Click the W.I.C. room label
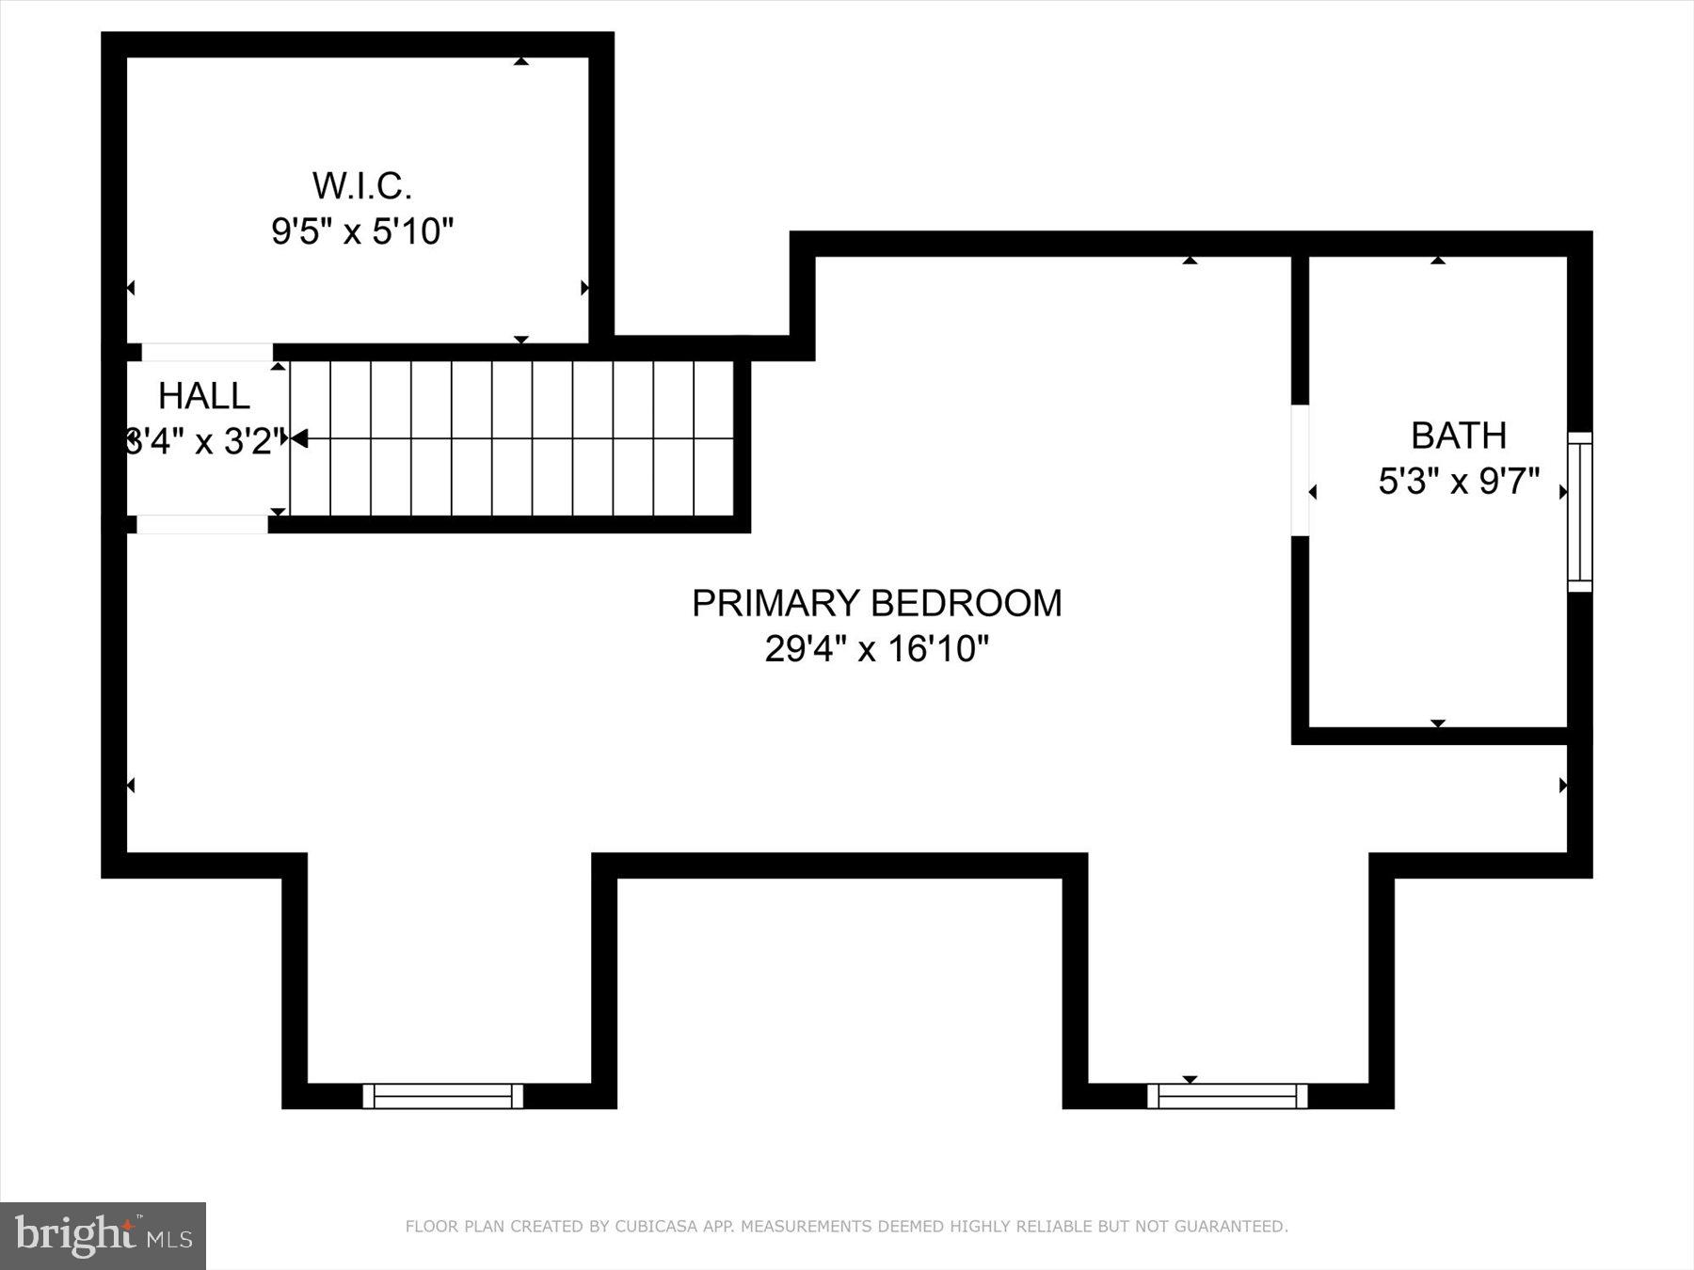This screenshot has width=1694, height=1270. pyautogui.click(x=362, y=186)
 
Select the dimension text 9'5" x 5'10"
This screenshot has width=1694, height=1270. pyautogui.click(x=362, y=230)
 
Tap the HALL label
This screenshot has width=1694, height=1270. pyautogui.click(x=204, y=396)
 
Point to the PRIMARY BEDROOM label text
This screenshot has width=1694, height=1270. pyautogui.click(x=876, y=603)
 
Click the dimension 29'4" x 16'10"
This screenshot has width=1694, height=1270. pyautogui.click(x=876, y=648)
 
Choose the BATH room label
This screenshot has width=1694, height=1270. pyautogui.click(x=1458, y=436)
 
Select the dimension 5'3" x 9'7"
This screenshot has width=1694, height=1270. pyautogui.click(x=1458, y=482)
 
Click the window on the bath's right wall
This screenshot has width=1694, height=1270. pyautogui.click(x=1579, y=512)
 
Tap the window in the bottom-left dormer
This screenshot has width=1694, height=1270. pyautogui.click(x=442, y=1096)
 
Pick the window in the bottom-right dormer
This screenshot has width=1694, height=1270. pyautogui.click(x=1227, y=1096)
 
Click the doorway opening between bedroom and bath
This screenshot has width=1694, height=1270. pyautogui.click(x=1300, y=470)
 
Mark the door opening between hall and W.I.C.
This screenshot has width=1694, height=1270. pyautogui.click(x=207, y=352)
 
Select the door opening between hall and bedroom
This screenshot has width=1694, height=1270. pyautogui.click(x=202, y=524)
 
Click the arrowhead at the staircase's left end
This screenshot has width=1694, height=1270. pyautogui.click(x=299, y=438)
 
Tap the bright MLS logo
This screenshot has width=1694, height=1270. pyautogui.click(x=103, y=1235)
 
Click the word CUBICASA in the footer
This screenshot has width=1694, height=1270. pyautogui.click(x=652, y=1227)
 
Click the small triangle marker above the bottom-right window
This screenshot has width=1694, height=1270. pyautogui.click(x=1190, y=1079)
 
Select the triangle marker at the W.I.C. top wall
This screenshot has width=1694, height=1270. pyautogui.click(x=520, y=61)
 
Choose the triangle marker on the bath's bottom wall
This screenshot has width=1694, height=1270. pyautogui.click(x=1437, y=722)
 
